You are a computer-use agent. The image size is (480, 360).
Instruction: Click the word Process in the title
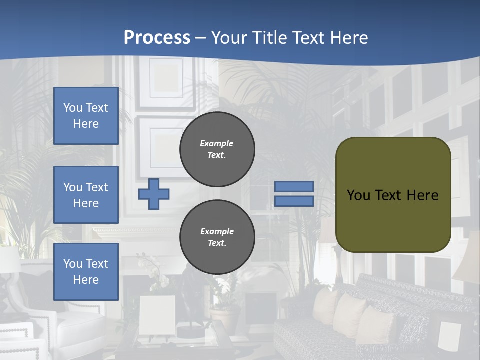pyautogui.click(x=157, y=37)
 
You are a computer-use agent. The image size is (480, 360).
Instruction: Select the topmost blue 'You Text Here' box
pyautogui.click(x=86, y=116)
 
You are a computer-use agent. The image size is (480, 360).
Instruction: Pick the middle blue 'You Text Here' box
pyautogui.click(x=86, y=195)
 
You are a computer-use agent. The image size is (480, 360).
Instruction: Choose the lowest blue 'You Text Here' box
pyautogui.click(x=86, y=272)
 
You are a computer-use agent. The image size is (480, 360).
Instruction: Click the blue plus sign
pyautogui.click(x=154, y=194)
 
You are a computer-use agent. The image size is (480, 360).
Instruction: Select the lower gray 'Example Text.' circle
pyautogui.click(x=217, y=237)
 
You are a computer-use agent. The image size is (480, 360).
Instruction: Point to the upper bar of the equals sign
pyautogui.click(x=294, y=187)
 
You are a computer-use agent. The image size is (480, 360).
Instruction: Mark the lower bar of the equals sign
pyautogui.click(x=294, y=201)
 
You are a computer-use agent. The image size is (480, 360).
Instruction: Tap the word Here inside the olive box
pyautogui.click(x=422, y=195)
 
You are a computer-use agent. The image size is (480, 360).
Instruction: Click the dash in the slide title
pyautogui.click(x=201, y=38)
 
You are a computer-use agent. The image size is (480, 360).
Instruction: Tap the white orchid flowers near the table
pyautogui.click(x=159, y=277)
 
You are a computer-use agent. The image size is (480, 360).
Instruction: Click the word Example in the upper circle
pyautogui.click(x=217, y=143)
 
